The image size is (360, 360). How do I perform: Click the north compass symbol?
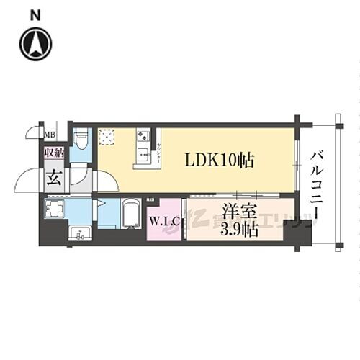(34, 44)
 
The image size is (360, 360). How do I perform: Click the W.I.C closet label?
(163, 222)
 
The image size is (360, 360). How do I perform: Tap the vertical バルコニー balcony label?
(317, 189)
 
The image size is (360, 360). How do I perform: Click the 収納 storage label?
(54, 153)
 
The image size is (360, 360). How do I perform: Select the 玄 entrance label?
(54, 177)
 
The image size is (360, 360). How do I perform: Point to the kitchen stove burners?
(142, 135)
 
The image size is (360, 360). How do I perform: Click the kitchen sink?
(143, 153)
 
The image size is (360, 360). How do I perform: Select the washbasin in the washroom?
(80, 232)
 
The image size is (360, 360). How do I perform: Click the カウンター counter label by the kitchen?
(159, 153)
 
